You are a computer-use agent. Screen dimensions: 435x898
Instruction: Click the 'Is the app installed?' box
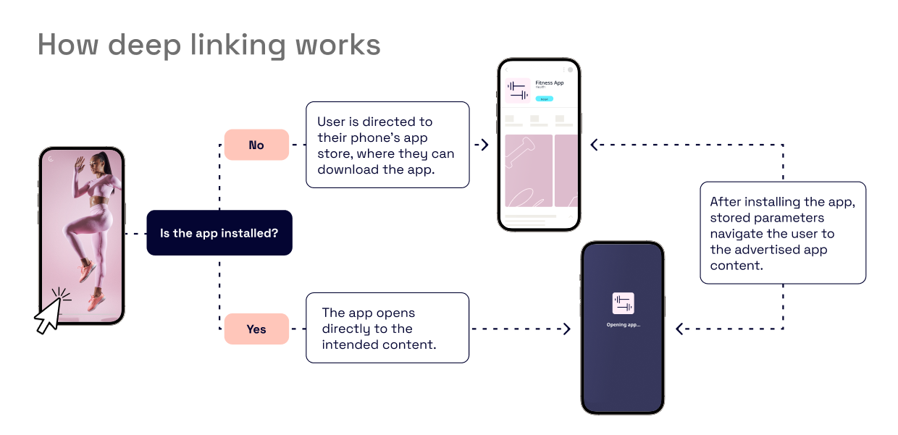point(219,233)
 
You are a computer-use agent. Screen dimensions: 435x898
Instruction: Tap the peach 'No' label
point(256,145)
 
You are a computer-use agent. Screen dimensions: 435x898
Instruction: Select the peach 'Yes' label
point(256,329)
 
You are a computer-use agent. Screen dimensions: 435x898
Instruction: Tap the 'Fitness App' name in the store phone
point(549,83)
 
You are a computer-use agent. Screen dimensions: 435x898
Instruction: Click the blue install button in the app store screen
point(545,98)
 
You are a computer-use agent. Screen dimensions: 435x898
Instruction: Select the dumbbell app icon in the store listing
point(518,90)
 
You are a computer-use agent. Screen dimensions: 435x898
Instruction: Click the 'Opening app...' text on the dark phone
point(623,325)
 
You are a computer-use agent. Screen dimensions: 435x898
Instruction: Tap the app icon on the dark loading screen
point(623,303)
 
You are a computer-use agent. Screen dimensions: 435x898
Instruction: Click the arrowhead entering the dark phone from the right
point(679,329)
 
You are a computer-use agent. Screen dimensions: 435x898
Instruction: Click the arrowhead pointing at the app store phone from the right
point(595,145)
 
